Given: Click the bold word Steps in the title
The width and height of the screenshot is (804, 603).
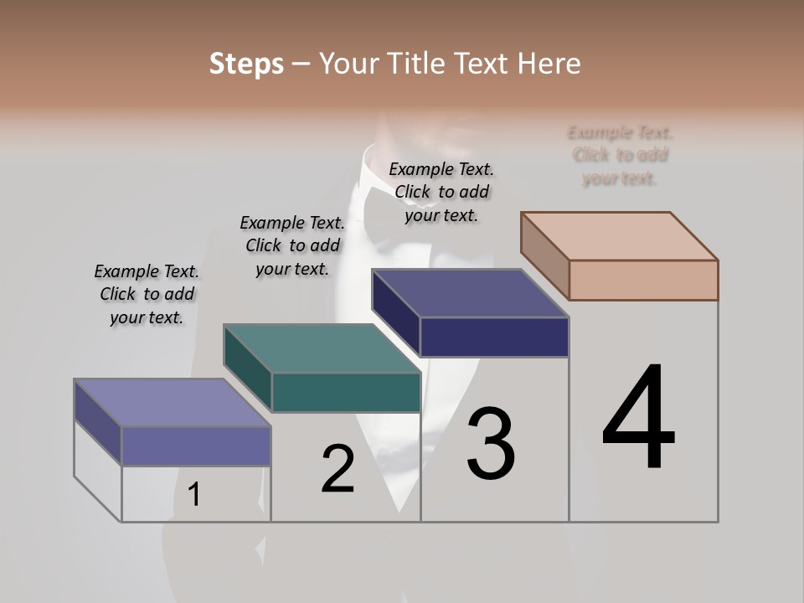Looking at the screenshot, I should pyautogui.click(x=246, y=64).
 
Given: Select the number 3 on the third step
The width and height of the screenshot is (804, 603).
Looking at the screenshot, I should pyautogui.click(x=491, y=444).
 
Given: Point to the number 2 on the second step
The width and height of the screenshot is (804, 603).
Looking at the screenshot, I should pyautogui.click(x=338, y=469).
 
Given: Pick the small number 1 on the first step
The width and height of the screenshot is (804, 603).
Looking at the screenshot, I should pyautogui.click(x=193, y=494).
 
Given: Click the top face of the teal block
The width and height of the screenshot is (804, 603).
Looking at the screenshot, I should pyautogui.click(x=322, y=348).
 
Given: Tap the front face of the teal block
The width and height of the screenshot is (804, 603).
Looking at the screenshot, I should pyautogui.click(x=346, y=392).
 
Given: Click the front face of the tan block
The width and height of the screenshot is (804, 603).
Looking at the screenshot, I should pyautogui.click(x=643, y=280).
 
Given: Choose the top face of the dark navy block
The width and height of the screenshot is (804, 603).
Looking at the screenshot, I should pyautogui.click(x=470, y=293).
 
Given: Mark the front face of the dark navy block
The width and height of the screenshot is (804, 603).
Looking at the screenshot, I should pyautogui.click(x=494, y=337).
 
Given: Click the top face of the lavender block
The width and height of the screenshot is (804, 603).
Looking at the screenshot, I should pyautogui.click(x=172, y=403).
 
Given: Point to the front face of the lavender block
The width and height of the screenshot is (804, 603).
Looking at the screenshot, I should pyautogui.click(x=196, y=446).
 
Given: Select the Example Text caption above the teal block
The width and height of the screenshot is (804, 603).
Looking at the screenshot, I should pyautogui.click(x=292, y=245).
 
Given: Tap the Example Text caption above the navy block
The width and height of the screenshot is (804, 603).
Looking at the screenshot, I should pyautogui.click(x=441, y=192).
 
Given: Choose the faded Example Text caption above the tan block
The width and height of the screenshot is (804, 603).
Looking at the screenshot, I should pyautogui.click(x=621, y=156).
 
